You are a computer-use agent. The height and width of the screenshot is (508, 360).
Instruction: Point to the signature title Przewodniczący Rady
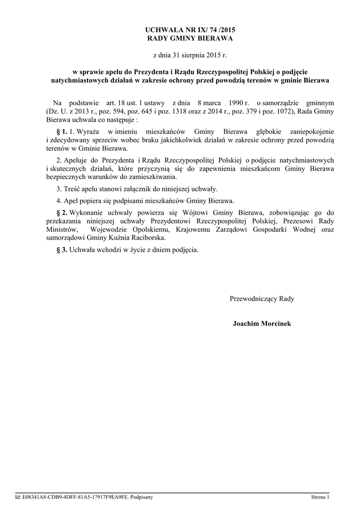(x=262, y=299)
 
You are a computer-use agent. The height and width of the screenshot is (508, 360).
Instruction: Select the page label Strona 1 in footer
(x=320, y=497)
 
